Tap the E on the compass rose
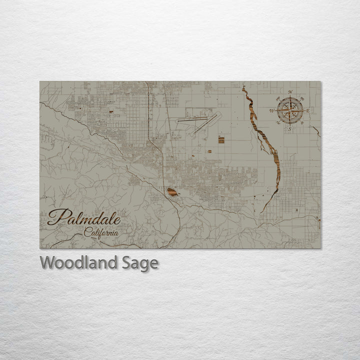(308, 110)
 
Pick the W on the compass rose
(272, 110)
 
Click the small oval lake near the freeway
(172, 192)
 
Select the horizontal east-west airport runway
(192, 120)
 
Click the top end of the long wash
(243, 88)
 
